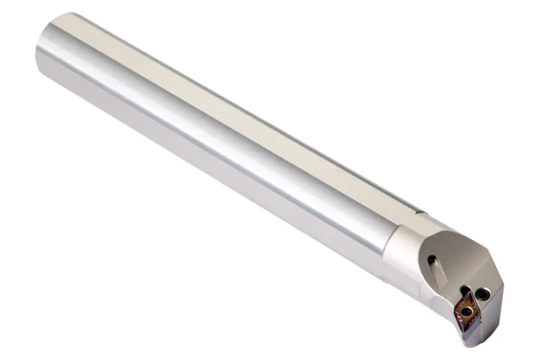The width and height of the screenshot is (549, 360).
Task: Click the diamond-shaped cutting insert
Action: pos(467,310)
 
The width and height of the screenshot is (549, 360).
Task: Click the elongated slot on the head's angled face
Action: pos(437,271)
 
